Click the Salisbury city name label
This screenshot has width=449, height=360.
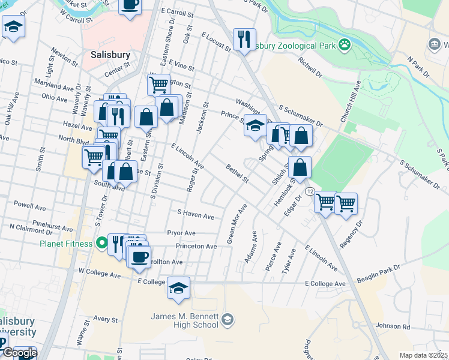[x=110, y=55]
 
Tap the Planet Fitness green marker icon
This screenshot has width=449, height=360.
[x=101, y=244]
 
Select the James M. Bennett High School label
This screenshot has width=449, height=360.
[x=184, y=320]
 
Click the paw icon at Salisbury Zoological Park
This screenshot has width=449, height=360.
[x=345, y=44]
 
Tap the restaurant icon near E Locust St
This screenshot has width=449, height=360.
[x=244, y=40]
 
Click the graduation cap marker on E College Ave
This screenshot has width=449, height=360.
[x=178, y=289]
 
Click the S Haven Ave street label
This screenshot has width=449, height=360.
[x=196, y=215]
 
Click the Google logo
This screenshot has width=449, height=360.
[x=19, y=353]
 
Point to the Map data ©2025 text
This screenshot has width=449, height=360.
[x=423, y=355]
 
